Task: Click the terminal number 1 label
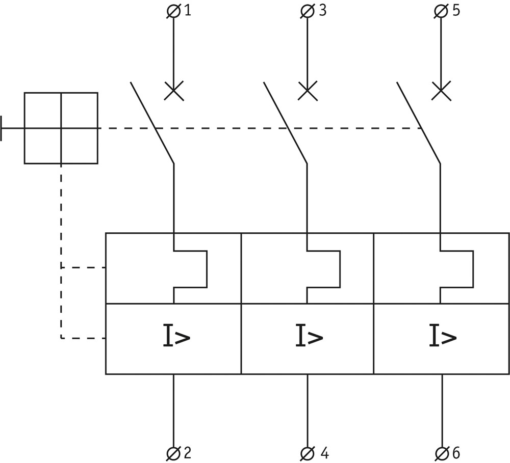click(188, 11)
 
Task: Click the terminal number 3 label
click(322, 11)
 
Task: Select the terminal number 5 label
click(456, 11)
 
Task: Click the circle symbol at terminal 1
click(173, 12)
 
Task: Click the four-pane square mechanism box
click(61, 128)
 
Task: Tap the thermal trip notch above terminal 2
click(190, 269)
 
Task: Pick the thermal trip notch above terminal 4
click(323, 269)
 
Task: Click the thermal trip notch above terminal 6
click(457, 269)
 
